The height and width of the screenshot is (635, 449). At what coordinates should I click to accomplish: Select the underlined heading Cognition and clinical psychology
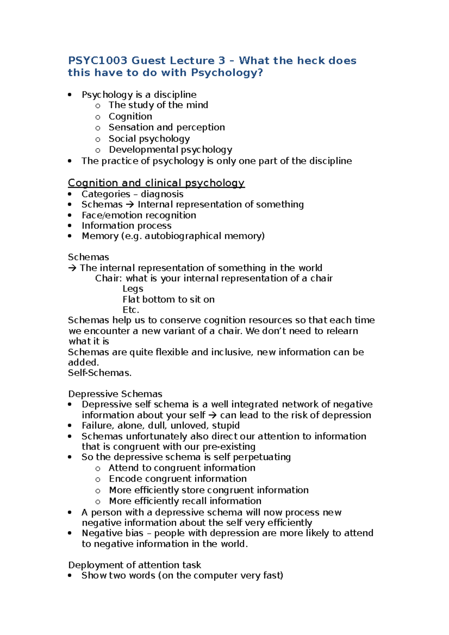click(x=156, y=183)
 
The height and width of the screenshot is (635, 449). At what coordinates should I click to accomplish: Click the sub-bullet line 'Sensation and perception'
click(x=167, y=128)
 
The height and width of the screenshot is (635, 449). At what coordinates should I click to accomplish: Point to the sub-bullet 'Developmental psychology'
click(x=170, y=150)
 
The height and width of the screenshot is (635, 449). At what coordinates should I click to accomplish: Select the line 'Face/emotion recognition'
click(x=139, y=215)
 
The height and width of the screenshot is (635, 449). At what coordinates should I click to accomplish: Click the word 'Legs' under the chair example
click(x=133, y=289)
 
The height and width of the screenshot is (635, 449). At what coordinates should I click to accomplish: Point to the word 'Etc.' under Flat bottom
click(x=131, y=310)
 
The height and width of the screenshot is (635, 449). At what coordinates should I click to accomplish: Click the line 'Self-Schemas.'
click(x=100, y=373)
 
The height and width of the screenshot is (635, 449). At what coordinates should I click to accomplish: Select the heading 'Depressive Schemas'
click(x=115, y=394)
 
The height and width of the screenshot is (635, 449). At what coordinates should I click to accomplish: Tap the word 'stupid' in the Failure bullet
click(x=226, y=426)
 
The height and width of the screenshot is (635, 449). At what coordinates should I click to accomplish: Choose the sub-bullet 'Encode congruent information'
click(x=178, y=479)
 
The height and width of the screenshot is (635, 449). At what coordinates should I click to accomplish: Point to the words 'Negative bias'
click(x=113, y=533)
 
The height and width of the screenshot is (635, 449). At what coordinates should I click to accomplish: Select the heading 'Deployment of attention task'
click(x=134, y=565)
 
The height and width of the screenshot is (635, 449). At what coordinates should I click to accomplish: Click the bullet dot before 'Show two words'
click(x=70, y=576)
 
